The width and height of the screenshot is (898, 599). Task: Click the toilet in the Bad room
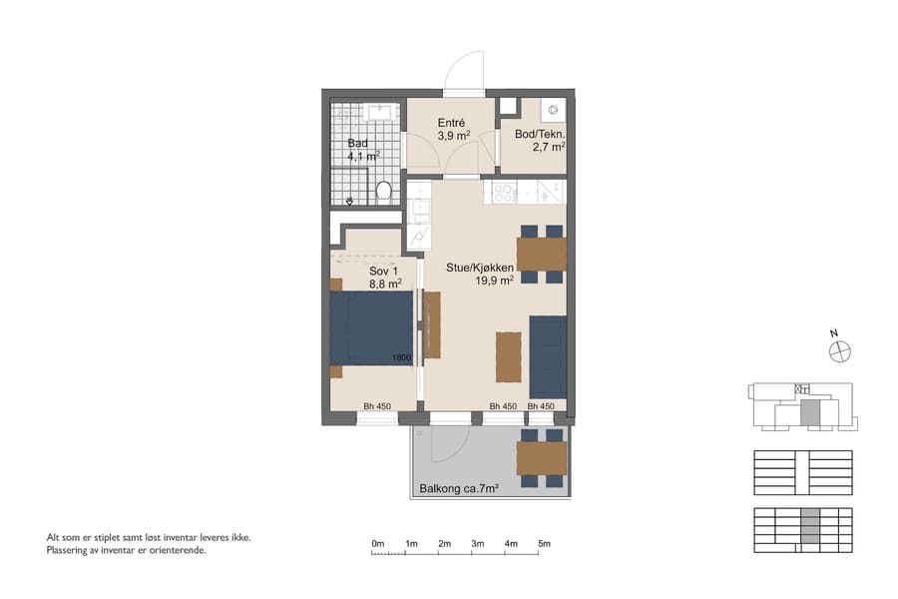click(x=384, y=190)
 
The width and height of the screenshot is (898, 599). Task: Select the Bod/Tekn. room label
click(x=540, y=135)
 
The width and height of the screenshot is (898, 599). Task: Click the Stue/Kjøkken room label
click(x=481, y=268)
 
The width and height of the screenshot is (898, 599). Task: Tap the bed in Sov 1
click(x=371, y=328)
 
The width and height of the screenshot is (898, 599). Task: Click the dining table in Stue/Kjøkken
click(x=542, y=255)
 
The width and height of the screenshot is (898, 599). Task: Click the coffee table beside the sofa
click(x=508, y=356)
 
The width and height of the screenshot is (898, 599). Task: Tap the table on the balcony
click(x=542, y=458)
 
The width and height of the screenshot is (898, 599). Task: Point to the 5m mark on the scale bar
click(x=544, y=544)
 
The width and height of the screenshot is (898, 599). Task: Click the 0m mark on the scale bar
click(x=377, y=544)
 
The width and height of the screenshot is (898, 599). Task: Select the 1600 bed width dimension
click(x=401, y=357)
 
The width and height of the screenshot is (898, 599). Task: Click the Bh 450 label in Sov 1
click(x=376, y=406)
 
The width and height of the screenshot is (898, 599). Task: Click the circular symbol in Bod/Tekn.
click(x=554, y=107)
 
